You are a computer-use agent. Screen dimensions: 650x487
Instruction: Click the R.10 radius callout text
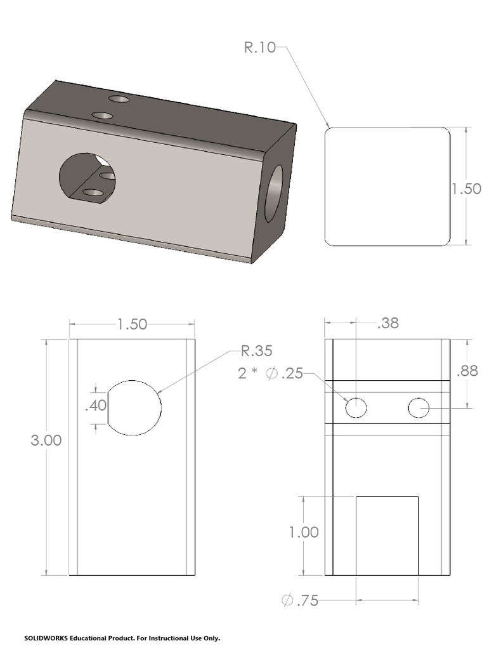(260, 48)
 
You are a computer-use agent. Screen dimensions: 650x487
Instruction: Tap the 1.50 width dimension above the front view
(132, 324)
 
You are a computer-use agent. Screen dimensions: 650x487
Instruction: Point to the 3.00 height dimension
(46, 441)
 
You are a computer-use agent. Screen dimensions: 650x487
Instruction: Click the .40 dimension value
(96, 406)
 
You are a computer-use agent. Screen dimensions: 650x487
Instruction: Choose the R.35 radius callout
(256, 351)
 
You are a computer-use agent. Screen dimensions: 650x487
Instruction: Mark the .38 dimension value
(387, 323)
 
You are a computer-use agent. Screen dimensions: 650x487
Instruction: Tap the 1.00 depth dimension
(304, 533)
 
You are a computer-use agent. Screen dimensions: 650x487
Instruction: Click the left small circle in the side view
(356, 408)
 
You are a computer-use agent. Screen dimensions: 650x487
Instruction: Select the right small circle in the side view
(419, 408)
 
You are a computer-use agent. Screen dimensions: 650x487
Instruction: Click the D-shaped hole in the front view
(134, 408)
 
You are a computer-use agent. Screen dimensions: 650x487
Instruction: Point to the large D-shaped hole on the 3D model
(87, 178)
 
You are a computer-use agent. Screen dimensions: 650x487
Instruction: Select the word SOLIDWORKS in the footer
(46, 638)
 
